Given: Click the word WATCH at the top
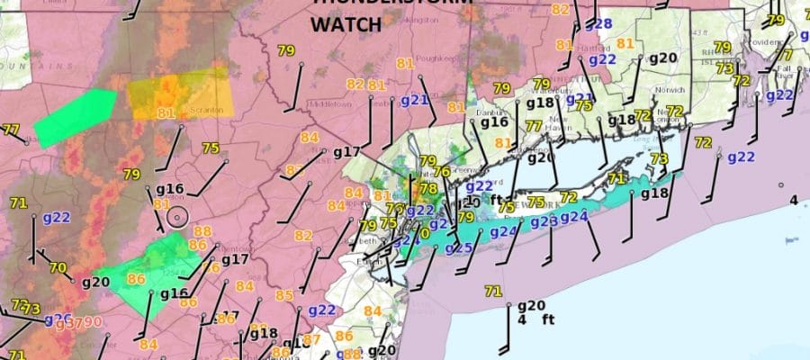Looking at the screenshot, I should pos(347,25).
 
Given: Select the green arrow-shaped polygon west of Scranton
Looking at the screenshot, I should pos(76,118).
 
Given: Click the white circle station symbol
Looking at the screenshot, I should pos(177,217).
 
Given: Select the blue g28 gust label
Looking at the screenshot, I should pos(600,24).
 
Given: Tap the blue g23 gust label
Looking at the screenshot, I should pos(544,222).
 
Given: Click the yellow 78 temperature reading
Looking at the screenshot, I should pos(428,189).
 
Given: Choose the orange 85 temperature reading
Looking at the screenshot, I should pos(284,295).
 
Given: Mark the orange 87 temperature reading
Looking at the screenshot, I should pos(312,339).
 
